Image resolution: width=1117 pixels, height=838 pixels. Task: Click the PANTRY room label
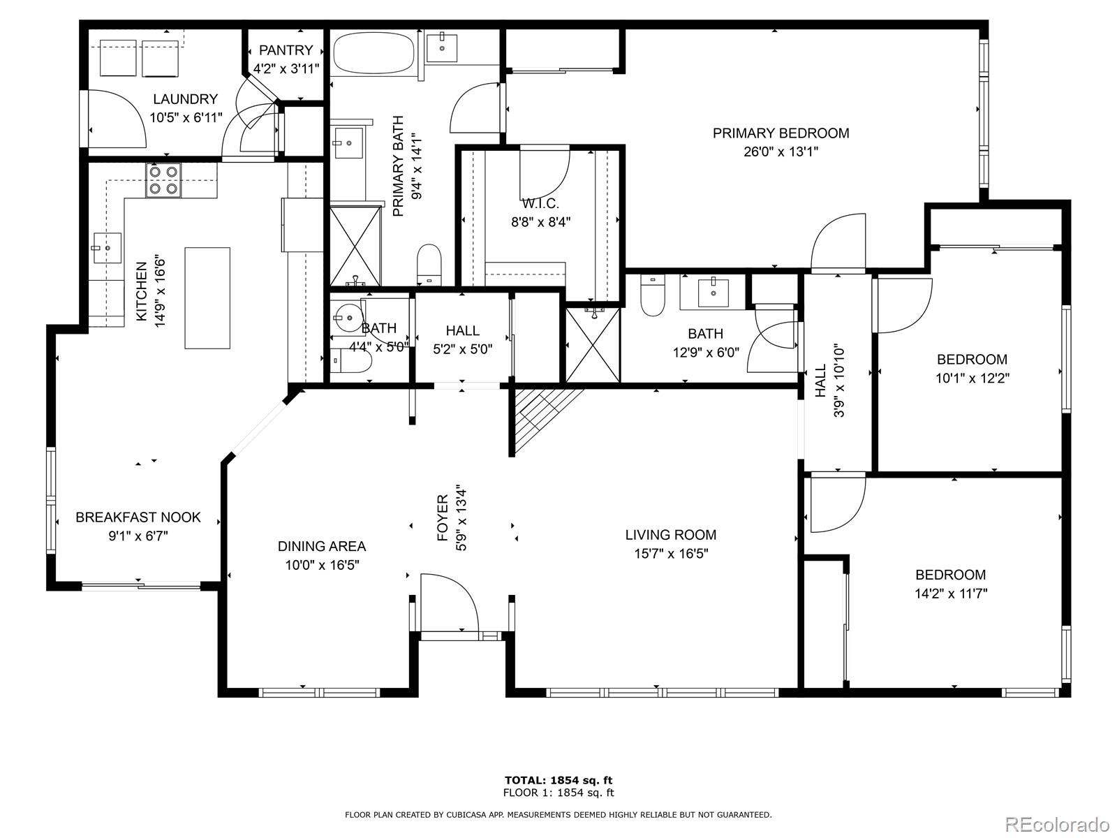[x=286, y=50]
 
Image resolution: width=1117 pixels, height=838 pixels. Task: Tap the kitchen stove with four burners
[x=163, y=180]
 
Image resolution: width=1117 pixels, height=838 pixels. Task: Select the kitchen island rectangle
[x=207, y=297]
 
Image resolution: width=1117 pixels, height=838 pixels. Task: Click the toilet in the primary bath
[x=429, y=265]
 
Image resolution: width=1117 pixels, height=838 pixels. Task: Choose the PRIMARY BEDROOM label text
[x=781, y=133]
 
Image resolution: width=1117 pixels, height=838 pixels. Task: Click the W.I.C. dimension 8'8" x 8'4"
[x=540, y=222]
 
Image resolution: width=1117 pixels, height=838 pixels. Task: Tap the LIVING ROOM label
[x=671, y=535]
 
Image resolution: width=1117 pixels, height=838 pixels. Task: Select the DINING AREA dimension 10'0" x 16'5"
[x=322, y=565]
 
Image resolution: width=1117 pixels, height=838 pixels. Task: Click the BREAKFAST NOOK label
[x=138, y=517]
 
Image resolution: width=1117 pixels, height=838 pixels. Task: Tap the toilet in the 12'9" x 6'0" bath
[x=652, y=295]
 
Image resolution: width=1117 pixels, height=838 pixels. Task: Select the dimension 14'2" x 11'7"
[x=951, y=594]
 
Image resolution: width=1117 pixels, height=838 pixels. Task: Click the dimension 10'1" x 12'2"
[x=972, y=378]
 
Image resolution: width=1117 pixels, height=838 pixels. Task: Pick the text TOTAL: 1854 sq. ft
[x=558, y=780]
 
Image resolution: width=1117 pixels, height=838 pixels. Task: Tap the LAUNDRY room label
[x=185, y=99]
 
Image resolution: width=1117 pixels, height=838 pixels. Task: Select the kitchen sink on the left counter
[x=107, y=248]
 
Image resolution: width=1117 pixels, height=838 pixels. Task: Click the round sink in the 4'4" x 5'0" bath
[x=348, y=318]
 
